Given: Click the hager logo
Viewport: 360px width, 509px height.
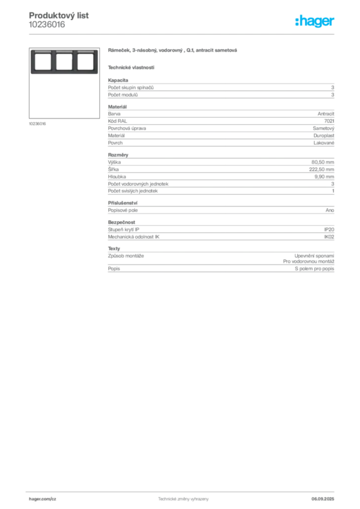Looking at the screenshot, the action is [315, 21].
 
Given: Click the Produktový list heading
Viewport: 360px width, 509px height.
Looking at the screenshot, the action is [59, 15].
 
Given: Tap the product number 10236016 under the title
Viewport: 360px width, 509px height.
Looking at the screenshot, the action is [47, 25].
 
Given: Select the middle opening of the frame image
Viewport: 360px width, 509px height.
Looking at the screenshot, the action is [64, 62].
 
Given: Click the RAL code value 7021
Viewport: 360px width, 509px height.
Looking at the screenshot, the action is [329, 121].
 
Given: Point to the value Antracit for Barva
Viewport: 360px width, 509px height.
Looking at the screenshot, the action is [326, 114].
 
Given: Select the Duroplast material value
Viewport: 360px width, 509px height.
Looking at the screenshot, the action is [324, 136].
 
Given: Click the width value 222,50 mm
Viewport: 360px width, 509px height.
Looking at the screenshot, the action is [321, 170].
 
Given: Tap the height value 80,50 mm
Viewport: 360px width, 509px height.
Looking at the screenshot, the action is [323, 162].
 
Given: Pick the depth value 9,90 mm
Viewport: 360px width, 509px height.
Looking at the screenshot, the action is [324, 176].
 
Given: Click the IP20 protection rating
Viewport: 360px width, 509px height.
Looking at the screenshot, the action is [329, 230].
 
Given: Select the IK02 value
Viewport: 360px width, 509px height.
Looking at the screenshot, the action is [329, 237].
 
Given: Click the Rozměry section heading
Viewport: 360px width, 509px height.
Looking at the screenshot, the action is [118, 155].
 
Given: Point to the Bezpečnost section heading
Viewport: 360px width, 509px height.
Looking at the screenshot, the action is [121, 222].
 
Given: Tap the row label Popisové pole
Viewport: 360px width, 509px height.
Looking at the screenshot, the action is [123, 210].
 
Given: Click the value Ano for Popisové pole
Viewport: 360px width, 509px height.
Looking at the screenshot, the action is [330, 210].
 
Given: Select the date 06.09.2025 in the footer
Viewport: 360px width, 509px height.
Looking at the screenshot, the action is [323, 499].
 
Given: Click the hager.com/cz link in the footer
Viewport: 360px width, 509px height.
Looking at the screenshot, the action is [43, 499].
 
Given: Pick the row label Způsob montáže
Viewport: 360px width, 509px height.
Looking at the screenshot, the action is [126, 256].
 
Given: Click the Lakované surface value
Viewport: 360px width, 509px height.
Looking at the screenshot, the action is [324, 143].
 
